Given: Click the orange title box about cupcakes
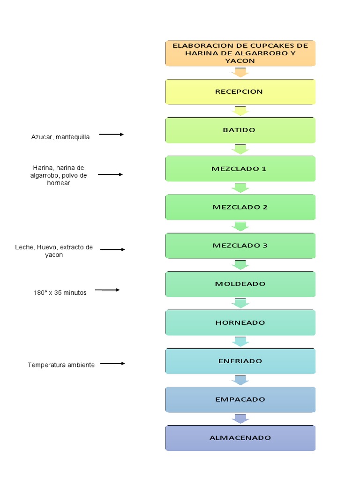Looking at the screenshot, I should coord(240,53).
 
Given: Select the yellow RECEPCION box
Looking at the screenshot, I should coord(240,91).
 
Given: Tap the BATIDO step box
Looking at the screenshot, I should coord(240,130).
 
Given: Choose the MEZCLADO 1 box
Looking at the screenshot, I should coord(240,169).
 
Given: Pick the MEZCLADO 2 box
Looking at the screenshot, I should coord(240,207).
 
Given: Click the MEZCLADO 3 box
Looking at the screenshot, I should coord(240,246).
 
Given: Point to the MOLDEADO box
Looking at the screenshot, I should coord(240,284).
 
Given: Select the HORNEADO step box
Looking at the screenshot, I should coord(240,322).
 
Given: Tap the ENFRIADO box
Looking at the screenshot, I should coord(240,361).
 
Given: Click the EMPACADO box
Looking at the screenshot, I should coord(240,399).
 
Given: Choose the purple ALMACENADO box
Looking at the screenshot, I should coord(240,438).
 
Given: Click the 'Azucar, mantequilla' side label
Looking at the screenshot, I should coord(60,137).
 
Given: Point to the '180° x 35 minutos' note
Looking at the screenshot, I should coord(60,292).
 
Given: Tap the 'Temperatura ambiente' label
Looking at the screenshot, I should coord(61,365).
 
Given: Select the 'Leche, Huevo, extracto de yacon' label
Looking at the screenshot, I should coord(54,251).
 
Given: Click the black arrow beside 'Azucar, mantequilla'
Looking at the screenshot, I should coord(112,135).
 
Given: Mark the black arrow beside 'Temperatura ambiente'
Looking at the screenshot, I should coord(112,363).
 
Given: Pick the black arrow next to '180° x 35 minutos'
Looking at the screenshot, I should coord(107,290).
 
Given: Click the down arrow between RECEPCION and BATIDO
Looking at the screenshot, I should coord(240,111).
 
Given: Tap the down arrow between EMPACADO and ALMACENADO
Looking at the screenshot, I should coord(240,419).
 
